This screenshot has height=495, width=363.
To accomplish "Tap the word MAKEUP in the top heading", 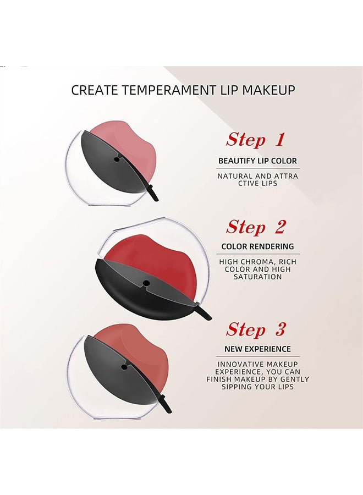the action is (268, 90).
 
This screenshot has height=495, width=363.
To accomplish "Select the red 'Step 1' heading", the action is (255, 140).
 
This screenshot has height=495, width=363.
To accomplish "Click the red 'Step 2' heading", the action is (256, 227).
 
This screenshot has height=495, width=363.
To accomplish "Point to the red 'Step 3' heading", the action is (256, 329).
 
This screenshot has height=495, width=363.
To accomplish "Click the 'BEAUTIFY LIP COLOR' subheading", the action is (257, 161).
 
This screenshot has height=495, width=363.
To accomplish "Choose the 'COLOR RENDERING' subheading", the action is (257, 246).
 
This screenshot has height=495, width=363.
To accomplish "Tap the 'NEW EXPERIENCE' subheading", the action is (257, 349).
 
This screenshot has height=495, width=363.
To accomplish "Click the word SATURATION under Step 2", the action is (257, 277).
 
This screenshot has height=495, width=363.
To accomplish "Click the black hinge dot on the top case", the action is (117, 159).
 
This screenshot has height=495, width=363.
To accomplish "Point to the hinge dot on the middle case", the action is (146, 283).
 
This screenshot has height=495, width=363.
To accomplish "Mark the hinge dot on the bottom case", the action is (123, 366).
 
